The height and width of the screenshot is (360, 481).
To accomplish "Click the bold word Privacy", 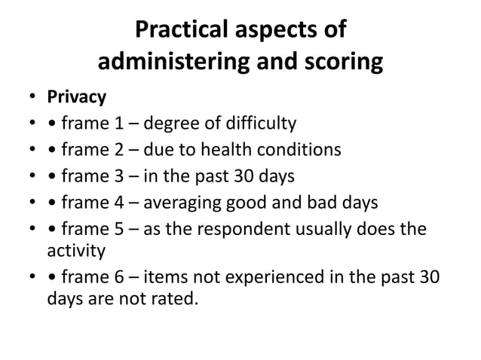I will click(77, 98).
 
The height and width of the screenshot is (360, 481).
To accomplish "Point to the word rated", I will click(181, 301).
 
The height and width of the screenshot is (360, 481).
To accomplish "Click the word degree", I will click(168, 124).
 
